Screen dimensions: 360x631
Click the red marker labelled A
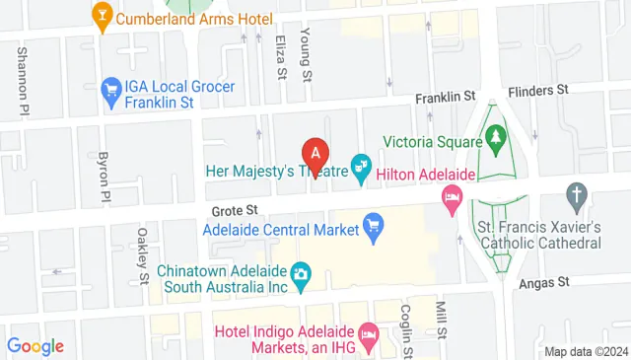[315, 156]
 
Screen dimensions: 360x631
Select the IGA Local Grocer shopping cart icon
[108, 87]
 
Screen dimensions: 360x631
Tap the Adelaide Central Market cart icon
[373, 226]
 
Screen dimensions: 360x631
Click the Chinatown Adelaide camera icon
[301, 271]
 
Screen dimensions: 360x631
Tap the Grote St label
[233, 210]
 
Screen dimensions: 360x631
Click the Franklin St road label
[445, 97]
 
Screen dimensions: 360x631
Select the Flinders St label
[538, 90]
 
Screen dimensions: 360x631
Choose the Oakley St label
[143, 254]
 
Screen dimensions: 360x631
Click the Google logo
[35, 346]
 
